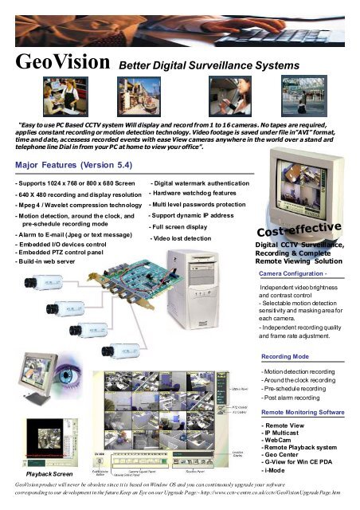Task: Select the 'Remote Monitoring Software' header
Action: [x=306, y=412]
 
